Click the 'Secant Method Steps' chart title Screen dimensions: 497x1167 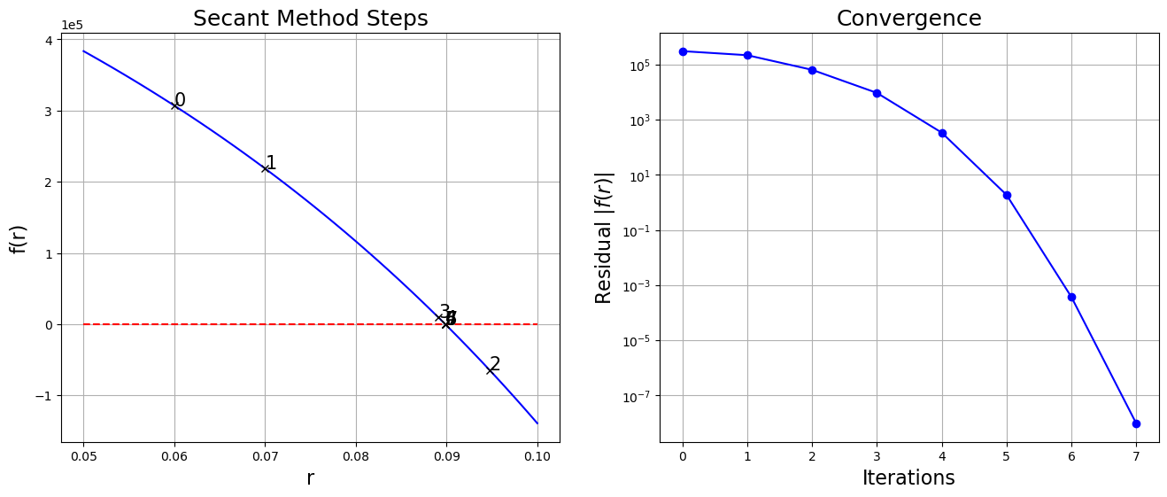(310, 19)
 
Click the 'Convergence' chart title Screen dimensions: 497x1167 (908, 19)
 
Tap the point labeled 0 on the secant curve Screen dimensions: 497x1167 (174, 105)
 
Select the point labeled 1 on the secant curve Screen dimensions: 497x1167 (265, 168)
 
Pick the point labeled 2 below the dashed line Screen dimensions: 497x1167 (490, 369)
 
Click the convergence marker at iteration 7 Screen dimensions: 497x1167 (1136, 423)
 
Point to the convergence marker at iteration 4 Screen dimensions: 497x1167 (942, 133)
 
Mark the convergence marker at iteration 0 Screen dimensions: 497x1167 (683, 51)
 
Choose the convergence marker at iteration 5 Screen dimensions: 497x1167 (1007, 195)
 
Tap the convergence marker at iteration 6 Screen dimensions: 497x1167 (1071, 297)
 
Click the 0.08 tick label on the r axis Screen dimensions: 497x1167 (356, 456)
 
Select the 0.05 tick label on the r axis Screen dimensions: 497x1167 (83, 456)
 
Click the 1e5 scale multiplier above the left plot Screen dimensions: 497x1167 (73, 26)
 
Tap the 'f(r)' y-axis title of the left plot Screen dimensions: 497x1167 (19, 238)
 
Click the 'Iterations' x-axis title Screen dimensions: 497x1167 (908, 478)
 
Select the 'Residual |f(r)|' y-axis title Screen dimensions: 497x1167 (605, 238)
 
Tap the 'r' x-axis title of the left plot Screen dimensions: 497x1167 (310, 478)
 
